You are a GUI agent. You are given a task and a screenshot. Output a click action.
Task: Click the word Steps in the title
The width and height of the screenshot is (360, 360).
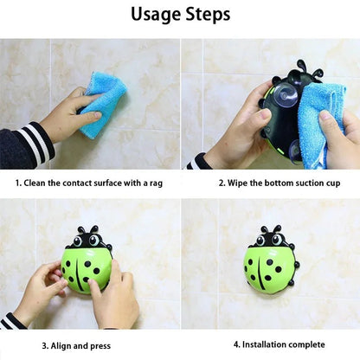[208, 15]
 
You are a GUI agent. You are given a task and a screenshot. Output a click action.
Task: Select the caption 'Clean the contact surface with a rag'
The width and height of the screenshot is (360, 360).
[89, 183]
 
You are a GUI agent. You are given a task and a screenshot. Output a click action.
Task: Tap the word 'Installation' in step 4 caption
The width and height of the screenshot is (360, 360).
[260, 344]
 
